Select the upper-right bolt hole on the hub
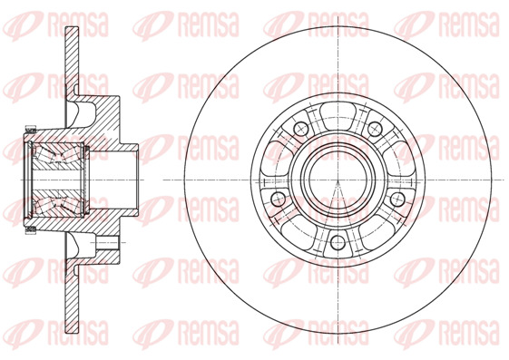click(375, 127)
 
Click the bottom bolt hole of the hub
click(338, 242)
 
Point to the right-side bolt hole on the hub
click(398, 199)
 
